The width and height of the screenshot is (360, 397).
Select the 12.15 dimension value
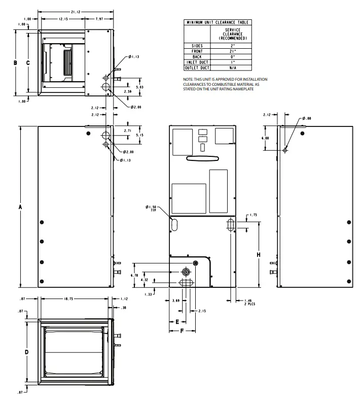click(x=63, y=19)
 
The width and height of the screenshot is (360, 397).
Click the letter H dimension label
click(x=259, y=254)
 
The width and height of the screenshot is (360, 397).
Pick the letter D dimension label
click(x=26, y=351)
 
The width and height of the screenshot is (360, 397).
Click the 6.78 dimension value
click(x=134, y=275)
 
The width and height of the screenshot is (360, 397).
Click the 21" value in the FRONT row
click(x=232, y=51)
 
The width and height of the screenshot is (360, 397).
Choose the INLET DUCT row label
click(x=196, y=62)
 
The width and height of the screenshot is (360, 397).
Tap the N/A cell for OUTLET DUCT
click(x=232, y=68)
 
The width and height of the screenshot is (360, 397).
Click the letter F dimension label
click(x=182, y=330)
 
